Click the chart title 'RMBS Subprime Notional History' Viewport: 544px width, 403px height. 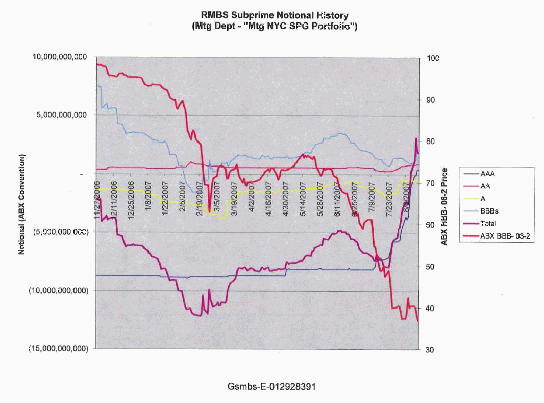pyautogui.click(x=271, y=16)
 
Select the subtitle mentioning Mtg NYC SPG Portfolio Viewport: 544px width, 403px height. pyautogui.click(x=271, y=27)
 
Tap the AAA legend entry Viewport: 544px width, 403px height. pyautogui.click(x=488, y=174)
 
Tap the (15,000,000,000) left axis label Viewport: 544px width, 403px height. pyautogui.click(x=61, y=349)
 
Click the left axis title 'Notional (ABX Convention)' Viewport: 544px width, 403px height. pyautogui.click(x=22, y=204)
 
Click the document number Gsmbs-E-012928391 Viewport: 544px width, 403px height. pyautogui.click(x=271, y=386)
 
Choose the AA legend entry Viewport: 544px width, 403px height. pyautogui.click(x=486, y=186)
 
